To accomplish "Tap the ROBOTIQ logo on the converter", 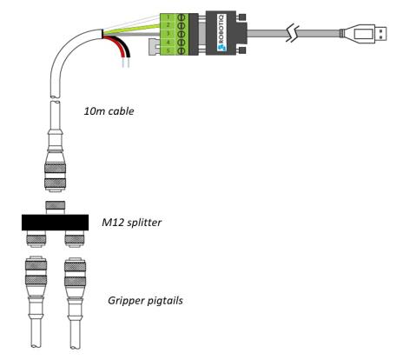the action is point(222,33).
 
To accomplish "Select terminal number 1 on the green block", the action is point(168,17).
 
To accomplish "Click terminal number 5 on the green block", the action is point(168,50).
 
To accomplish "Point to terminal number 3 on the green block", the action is point(168,34).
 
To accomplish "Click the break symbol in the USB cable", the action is point(293,34).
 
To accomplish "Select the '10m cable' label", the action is point(109,111).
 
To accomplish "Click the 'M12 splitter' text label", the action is point(131,223).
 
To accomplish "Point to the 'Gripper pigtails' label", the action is point(145,300).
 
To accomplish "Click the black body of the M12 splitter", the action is point(55,223).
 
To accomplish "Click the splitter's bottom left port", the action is point(36,239).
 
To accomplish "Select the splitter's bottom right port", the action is point(75,239).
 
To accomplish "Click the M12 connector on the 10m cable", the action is point(55,168).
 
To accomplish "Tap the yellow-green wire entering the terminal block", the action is point(131,30).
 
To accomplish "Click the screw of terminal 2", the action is point(182,26).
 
